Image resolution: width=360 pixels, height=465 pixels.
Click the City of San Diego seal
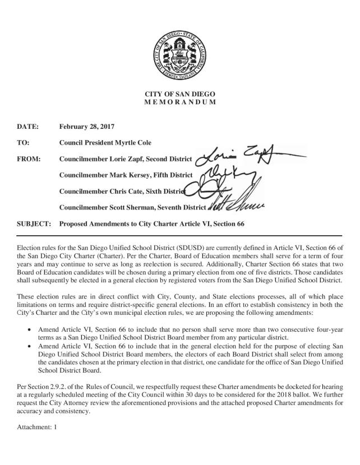coord(179,54)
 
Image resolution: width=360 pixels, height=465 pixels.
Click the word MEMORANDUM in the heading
coord(179,103)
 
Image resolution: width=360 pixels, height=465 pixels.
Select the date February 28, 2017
coord(87,127)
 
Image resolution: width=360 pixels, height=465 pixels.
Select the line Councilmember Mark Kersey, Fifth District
coord(126,175)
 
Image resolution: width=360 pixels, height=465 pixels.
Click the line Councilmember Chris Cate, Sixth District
coord(123,191)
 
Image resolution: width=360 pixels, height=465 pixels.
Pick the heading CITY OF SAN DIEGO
coord(179,94)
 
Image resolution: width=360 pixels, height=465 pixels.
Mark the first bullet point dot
coord(29,331)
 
